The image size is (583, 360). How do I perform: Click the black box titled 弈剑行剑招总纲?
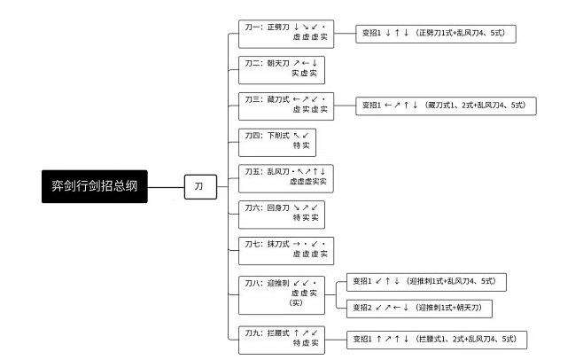click(95, 186)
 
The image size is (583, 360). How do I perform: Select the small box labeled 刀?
click(200, 187)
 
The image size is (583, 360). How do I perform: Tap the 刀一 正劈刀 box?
click(286, 34)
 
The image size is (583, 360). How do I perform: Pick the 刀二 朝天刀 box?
click(282, 70)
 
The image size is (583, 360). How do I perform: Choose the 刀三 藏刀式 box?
click(286, 106)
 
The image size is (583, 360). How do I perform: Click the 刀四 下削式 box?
click(277, 142)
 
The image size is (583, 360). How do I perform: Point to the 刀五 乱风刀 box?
click(286, 178)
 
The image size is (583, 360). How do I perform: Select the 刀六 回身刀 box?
click(282, 215)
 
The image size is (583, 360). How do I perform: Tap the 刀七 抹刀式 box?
click(286, 251)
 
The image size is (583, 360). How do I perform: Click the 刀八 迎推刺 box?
click(282, 295)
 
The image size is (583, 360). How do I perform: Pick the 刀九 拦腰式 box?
click(282, 340)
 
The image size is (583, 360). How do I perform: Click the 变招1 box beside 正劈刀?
click(436, 34)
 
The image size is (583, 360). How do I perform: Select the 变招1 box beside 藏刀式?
click(446, 106)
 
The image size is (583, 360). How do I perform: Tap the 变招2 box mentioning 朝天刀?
click(419, 309)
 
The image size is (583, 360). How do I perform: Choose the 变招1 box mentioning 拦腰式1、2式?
click(437, 340)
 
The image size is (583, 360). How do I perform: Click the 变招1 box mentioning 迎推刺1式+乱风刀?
click(426, 282)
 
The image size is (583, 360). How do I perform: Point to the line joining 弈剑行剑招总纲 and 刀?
click(166, 187)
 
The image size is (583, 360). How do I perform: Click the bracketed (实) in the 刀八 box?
click(296, 302)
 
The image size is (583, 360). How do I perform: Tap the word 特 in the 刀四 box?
click(296, 145)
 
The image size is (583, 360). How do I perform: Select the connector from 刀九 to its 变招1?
click(336, 340)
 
